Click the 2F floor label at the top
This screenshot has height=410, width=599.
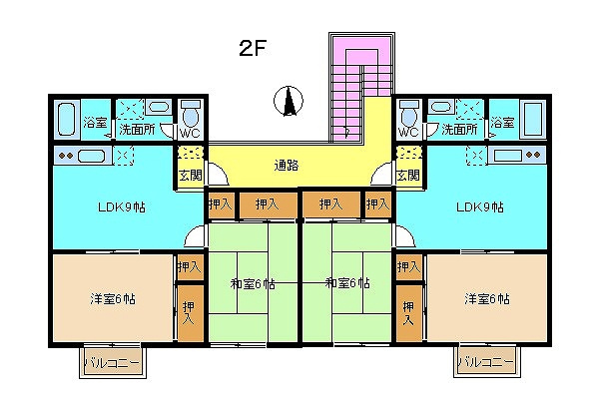point(251,48)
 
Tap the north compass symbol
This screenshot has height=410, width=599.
point(288,101)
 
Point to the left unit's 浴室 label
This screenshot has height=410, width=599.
point(95,123)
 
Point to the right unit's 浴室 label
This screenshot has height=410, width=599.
point(502,123)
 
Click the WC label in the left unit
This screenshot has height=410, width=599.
point(191,132)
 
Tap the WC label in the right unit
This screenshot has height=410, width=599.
point(408,132)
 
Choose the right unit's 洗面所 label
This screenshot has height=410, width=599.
point(459,130)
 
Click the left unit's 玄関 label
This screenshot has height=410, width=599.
point(190,176)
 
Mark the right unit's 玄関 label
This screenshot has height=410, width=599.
point(407,176)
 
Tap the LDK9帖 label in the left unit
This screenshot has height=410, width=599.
point(117,207)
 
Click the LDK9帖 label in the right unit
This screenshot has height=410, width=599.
point(479,207)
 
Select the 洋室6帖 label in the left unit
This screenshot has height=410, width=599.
point(113,298)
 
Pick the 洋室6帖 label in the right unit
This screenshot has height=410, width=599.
point(486,298)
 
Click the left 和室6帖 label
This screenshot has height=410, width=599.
point(254,284)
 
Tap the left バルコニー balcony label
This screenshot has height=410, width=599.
point(112,360)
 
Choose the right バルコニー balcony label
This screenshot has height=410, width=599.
point(486,360)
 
